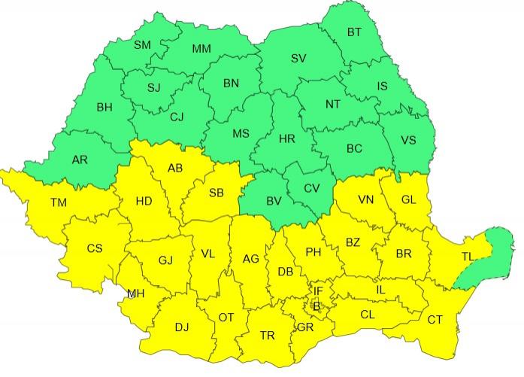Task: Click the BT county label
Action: (x=354, y=32)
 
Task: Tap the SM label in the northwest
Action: (x=142, y=44)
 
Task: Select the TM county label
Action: (x=58, y=202)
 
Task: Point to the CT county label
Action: (x=435, y=320)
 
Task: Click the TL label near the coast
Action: (x=468, y=257)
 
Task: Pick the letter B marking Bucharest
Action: (x=317, y=305)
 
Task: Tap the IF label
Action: (x=318, y=290)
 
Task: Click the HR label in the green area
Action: (x=286, y=139)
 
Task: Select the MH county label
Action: (x=136, y=293)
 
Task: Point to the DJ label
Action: (x=182, y=327)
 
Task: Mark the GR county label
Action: (x=305, y=328)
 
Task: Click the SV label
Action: (x=298, y=58)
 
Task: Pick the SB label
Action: (x=217, y=193)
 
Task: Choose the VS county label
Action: (x=408, y=141)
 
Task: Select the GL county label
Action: (x=408, y=199)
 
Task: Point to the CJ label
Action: (x=177, y=117)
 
